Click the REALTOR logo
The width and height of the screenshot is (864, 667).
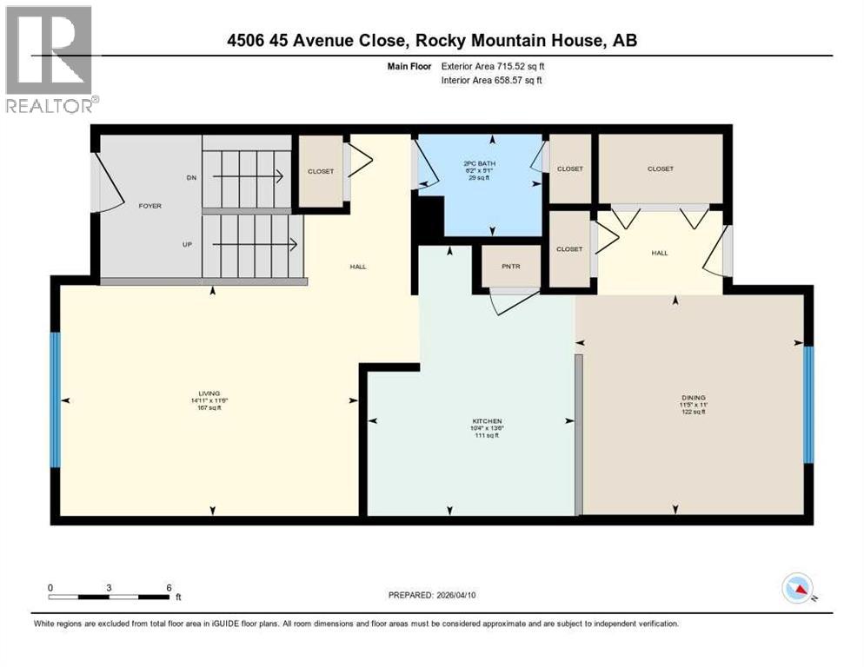(49, 58)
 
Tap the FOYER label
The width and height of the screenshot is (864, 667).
(150, 206)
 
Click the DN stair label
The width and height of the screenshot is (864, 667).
(191, 177)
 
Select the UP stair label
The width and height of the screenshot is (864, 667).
(187, 245)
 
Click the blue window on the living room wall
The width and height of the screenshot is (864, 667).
(56, 400)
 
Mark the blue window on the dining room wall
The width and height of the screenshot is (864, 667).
(808, 404)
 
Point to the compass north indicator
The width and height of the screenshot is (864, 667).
(797, 589)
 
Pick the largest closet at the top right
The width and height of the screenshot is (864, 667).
(661, 169)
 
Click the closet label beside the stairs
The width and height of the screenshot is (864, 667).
(321, 171)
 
